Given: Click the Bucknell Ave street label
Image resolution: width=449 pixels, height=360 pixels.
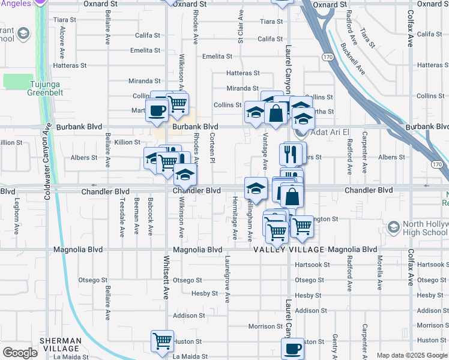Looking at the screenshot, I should pyautogui.click(x=352, y=58).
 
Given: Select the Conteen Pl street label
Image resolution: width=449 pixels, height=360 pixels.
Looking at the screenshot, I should pyautogui.click(x=212, y=148).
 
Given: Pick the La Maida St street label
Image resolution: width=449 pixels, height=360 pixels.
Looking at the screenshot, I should pyautogui.click(x=70, y=356).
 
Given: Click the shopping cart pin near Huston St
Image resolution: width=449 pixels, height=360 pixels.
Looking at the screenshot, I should pyautogui.click(x=162, y=341).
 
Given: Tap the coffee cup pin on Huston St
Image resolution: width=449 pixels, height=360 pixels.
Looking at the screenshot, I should pyautogui.click(x=293, y=348).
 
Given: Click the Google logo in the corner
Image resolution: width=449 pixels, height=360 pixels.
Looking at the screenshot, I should pyautogui.click(x=20, y=353).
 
